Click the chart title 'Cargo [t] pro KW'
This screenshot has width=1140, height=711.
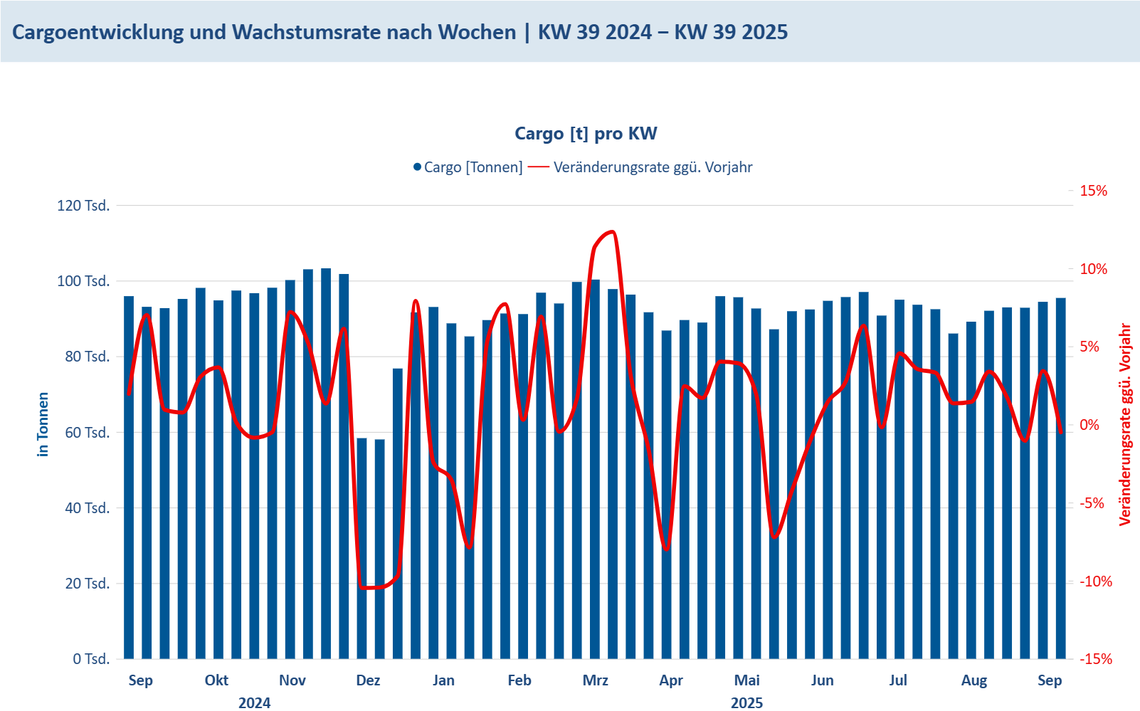point(586,134)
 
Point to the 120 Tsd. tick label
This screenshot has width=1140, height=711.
point(83,206)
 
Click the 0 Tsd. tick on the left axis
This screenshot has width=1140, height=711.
point(91,659)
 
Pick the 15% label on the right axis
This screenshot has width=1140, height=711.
point(1093,191)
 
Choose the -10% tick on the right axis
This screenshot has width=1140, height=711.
point(1095,581)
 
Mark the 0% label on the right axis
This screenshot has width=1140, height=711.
point(1089,425)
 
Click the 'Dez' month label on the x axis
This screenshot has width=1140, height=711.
point(368,680)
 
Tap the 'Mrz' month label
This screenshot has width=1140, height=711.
point(595,680)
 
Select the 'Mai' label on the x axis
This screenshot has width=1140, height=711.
point(746,680)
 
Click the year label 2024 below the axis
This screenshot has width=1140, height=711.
point(254,703)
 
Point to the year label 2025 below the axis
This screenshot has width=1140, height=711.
point(746,703)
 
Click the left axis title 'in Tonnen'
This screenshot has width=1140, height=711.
point(43,424)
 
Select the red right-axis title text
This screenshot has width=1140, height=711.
point(1125,424)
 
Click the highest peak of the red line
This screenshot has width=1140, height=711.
point(611,232)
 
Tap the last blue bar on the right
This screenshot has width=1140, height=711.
point(1060,477)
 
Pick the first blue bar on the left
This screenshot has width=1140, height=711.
point(129,477)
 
